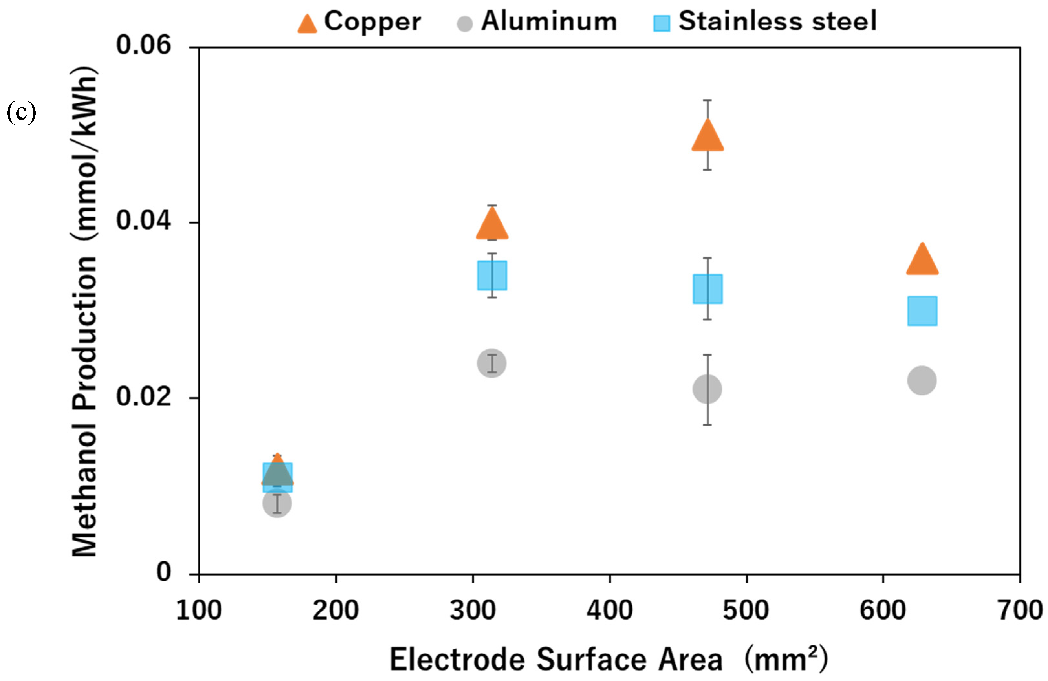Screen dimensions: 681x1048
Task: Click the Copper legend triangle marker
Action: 307,24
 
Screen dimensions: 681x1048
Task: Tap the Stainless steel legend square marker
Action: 661,23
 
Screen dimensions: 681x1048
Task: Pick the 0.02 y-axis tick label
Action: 143,396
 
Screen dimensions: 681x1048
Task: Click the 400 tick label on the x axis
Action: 610,611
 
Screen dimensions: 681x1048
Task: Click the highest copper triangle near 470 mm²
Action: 708,137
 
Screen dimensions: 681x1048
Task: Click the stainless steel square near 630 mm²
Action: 922,311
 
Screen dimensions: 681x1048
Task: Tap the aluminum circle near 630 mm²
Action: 922,380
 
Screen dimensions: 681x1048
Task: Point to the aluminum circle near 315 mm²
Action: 492,363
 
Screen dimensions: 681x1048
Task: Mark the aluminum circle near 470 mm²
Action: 707,389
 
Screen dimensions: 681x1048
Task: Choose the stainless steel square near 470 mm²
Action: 708,289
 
